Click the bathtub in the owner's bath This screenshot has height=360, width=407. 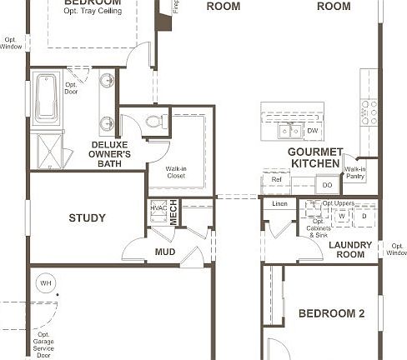[46, 97]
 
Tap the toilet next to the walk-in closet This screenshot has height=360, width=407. [153, 122]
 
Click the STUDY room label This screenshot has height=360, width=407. [87, 218]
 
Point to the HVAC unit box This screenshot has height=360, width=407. [158, 211]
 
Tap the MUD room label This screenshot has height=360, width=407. [164, 251]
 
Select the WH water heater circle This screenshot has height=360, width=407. [45, 283]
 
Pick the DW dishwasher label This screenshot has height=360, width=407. [312, 131]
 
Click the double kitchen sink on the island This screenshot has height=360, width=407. [289, 131]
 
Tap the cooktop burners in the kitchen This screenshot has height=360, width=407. [368, 112]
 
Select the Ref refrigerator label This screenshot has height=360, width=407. [276, 179]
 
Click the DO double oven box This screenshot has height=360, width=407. [327, 184]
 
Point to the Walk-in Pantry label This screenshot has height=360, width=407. [355, 172]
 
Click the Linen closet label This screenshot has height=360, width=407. [279, 203]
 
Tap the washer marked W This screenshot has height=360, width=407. [341, 215]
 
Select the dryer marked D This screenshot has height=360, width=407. [363, 215]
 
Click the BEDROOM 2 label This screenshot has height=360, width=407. [331, 313]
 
